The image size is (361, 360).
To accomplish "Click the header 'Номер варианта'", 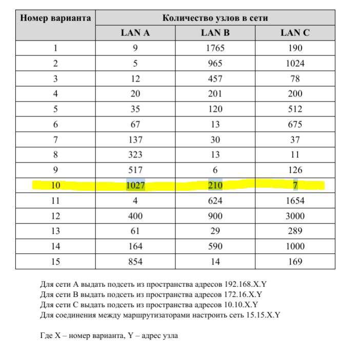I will point(55,18).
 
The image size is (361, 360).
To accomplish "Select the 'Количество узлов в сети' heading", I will point(215,18).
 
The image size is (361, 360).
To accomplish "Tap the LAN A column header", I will point(135,33).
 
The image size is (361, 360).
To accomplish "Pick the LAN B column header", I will point(215,33).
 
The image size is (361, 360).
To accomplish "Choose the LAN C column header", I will point(295,33).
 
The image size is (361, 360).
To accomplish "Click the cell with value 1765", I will point(215,48).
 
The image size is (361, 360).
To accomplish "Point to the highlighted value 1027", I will point(135,185).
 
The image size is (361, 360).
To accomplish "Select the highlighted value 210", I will point(215,185).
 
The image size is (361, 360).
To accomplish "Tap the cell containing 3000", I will point(295,216).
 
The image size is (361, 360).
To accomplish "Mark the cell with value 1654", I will point(295,201).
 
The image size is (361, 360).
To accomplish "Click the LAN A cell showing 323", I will point(135,155).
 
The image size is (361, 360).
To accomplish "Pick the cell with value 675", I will point(295,124).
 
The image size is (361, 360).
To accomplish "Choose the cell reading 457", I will point(215,78).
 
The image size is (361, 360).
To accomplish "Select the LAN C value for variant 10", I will point(295,185).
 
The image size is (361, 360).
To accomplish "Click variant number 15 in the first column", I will point(55,262).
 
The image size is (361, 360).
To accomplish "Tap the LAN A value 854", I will point(135,262).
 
